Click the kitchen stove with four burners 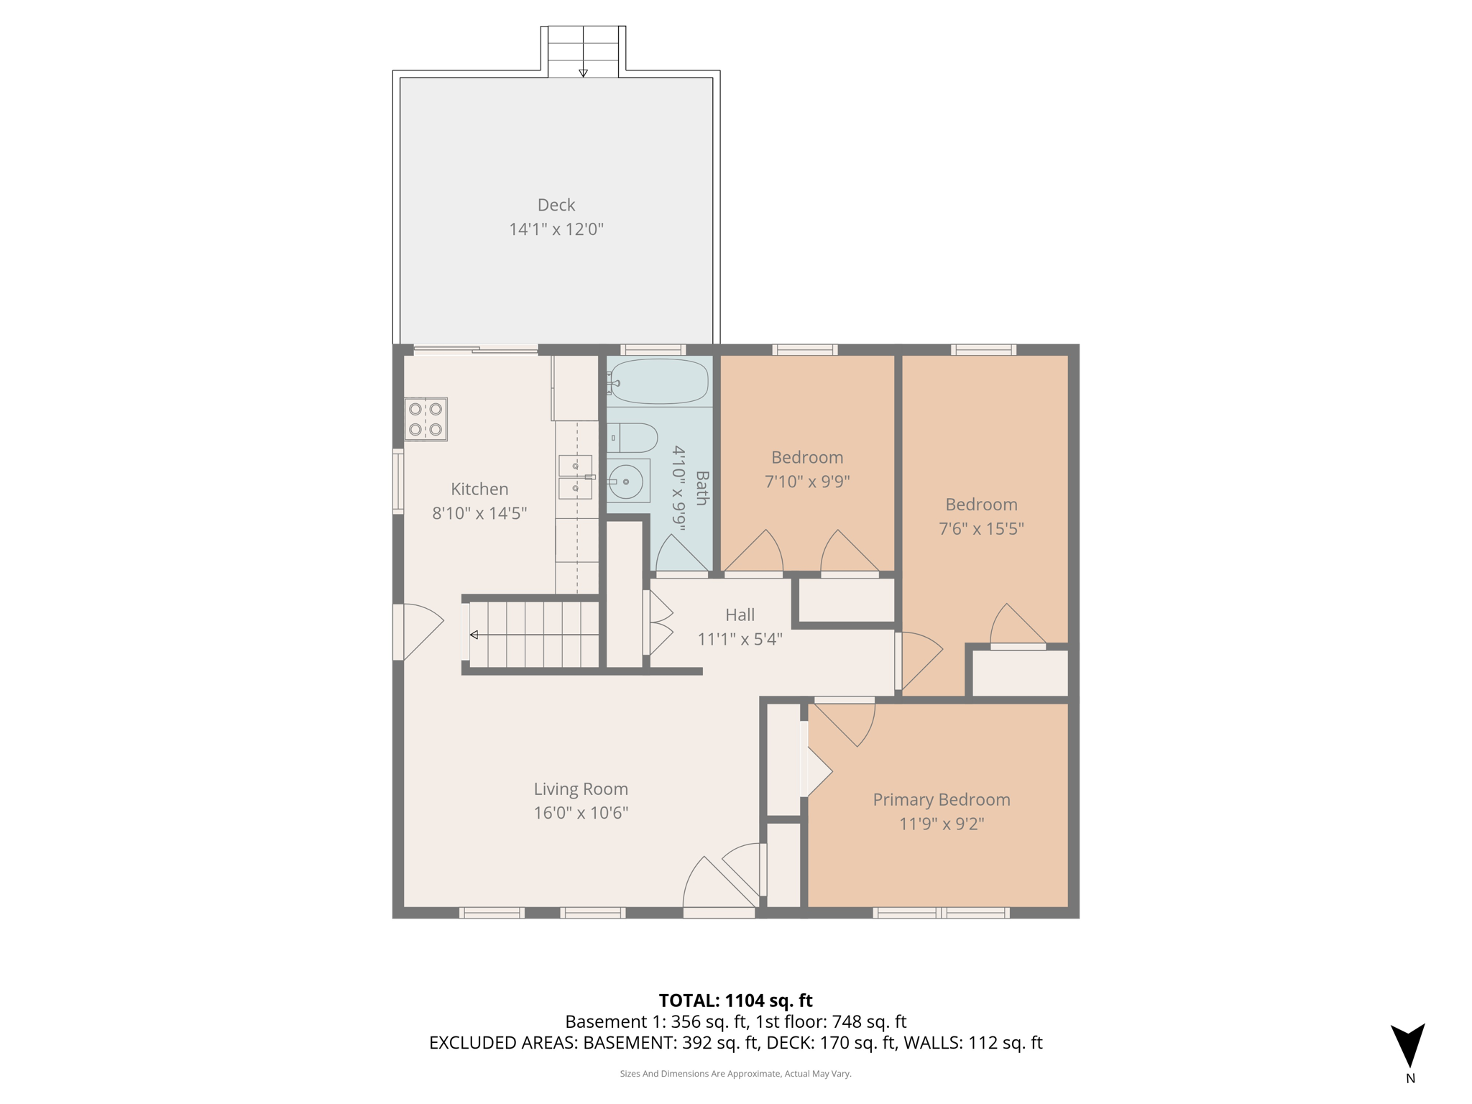pyautogui.click(x=425, y=419)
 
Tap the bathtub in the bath pyautogui.click(x=659, y=382)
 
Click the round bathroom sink pyautogui.click(x=626, y=481)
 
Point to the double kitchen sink pyautogui.click(x=576, y=477)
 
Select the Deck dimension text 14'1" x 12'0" pyautogui.click(x=556, y=229)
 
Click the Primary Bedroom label pyautogui.click(x=941, y=799)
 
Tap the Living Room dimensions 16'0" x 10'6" pyautogui.click(x=581, y=813)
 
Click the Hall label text pyautogui.click(x=740, y=615)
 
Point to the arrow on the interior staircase pyautogui.click(x=474, y=635)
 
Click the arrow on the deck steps pyautogui.click(x=583, y=73)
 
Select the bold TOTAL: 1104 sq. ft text pyautogui.click(x=735, y=1000)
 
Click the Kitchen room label pyautogui.click(x=479, y=489)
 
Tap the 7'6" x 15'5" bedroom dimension pyautogui.click(x=981, y=528)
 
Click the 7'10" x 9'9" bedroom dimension pyautogui.click(x=807, y=481)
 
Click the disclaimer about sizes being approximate pyautogui.click(x=735, y=1074)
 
